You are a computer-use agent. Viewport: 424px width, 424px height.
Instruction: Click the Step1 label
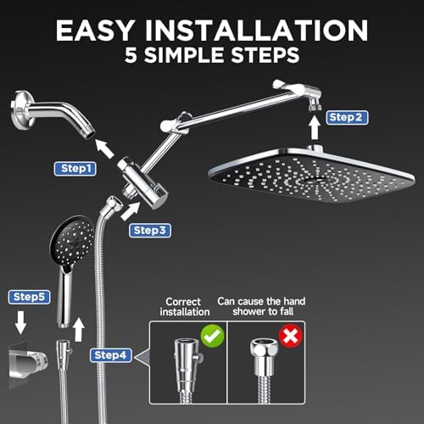(x=75, y=169)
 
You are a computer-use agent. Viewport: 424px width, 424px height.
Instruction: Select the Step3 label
(x=150, y=230)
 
